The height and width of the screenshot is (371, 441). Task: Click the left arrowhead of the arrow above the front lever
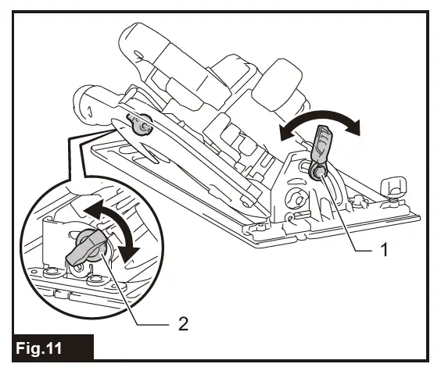(x=284, y=134)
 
